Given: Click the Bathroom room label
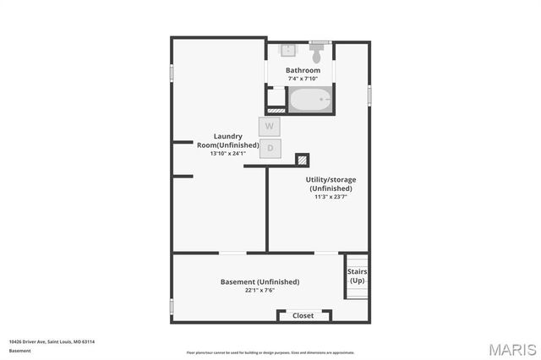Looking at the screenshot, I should [303, 70].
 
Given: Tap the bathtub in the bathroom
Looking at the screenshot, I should [312, 100].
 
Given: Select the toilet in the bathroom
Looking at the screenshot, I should [318, 53].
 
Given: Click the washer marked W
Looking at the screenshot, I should [270, 126].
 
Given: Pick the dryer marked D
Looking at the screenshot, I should [270, 148].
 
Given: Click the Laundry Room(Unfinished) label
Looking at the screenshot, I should [228, 140].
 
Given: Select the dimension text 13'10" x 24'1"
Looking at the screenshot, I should [228, 154].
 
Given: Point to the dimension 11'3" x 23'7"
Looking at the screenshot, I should [329, 196].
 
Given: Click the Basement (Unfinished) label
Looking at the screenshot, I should [260, 281].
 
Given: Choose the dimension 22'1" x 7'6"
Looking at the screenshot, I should [260, 290].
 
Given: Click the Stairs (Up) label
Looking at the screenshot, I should [358, 275].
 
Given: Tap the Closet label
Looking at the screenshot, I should [303, 315].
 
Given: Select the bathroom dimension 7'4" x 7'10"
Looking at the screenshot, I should [303, 79].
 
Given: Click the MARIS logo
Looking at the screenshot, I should [511, 349].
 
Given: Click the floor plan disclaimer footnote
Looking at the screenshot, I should [270, 352].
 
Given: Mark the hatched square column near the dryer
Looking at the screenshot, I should [302, 159].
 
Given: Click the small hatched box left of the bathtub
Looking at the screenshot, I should [276, 110].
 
